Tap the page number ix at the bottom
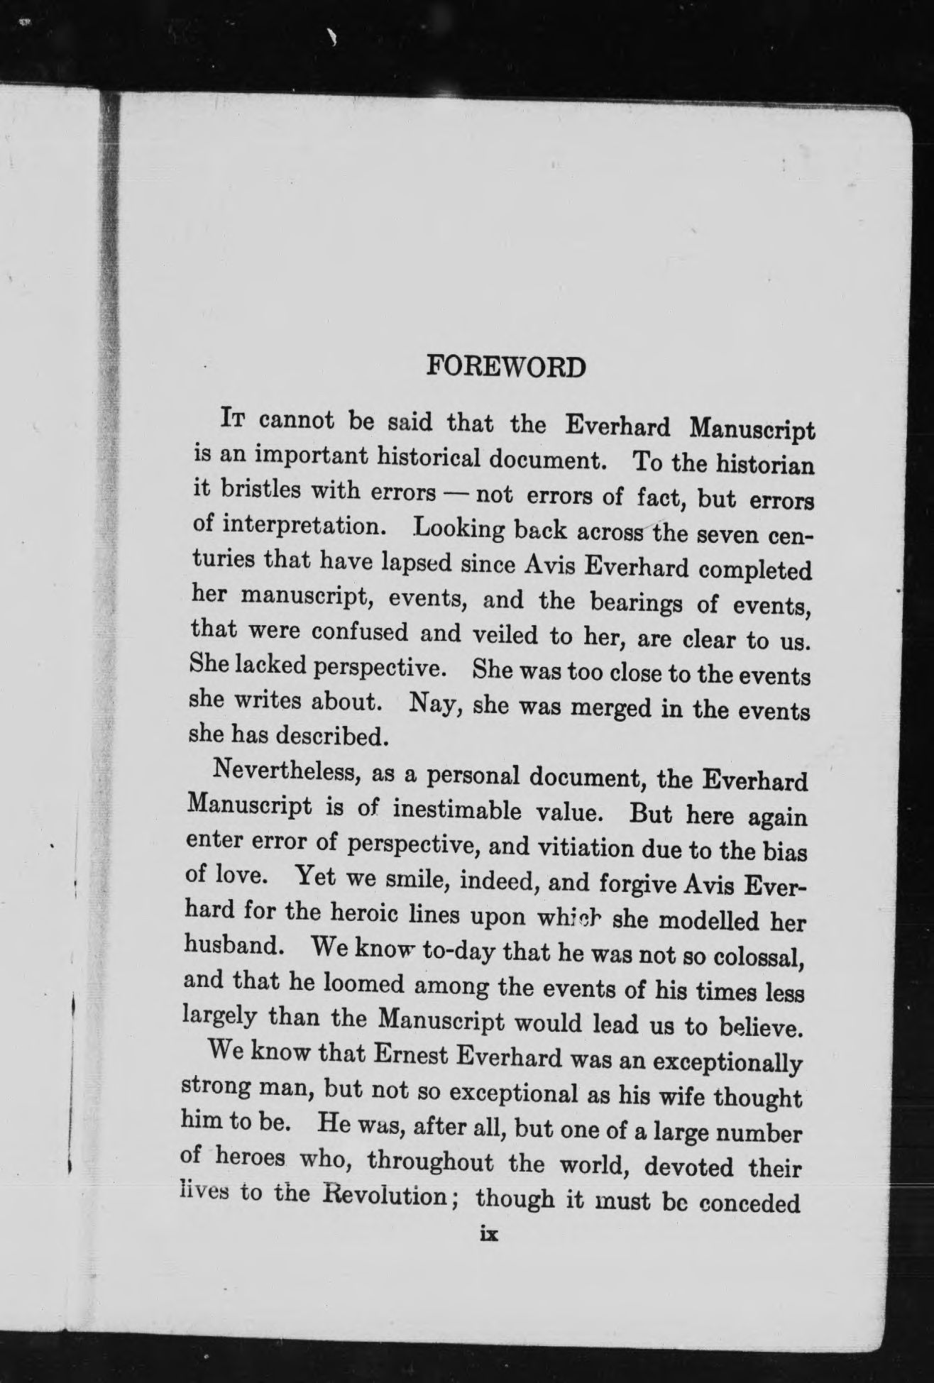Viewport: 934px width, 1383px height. pyautogui.click(x=490, y=1234)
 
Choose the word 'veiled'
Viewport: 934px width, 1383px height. pyautogui.click(x=505, y=634)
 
